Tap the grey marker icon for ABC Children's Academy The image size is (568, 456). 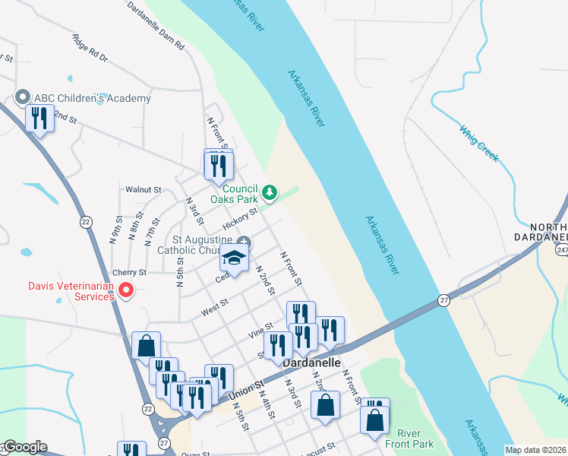22,98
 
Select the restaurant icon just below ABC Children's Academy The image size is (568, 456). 38,119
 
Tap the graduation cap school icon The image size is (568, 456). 235,258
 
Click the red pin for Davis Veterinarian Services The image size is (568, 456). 127,290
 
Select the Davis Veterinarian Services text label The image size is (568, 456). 61,291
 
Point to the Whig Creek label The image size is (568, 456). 479,142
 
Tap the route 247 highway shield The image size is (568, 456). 561,249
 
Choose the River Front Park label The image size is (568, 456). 415,438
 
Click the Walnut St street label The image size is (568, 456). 144,189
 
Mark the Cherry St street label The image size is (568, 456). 129,272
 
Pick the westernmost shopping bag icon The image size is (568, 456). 145,346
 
